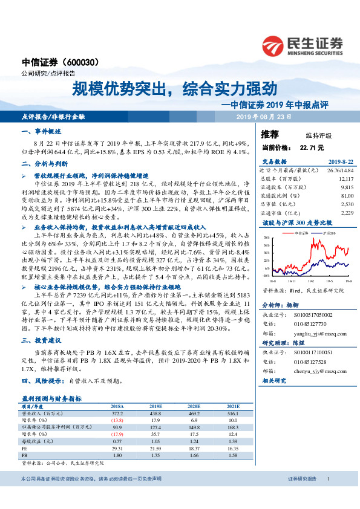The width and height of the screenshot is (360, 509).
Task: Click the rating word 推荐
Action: coord(270,134)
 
